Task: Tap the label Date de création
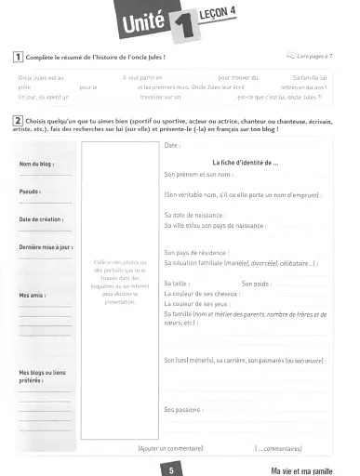click(x=43, y=220)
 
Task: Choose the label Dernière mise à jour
click(x=47, y=247)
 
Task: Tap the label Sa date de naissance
click(x=200, y=215)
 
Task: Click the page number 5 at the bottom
click(x=173, y=469)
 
